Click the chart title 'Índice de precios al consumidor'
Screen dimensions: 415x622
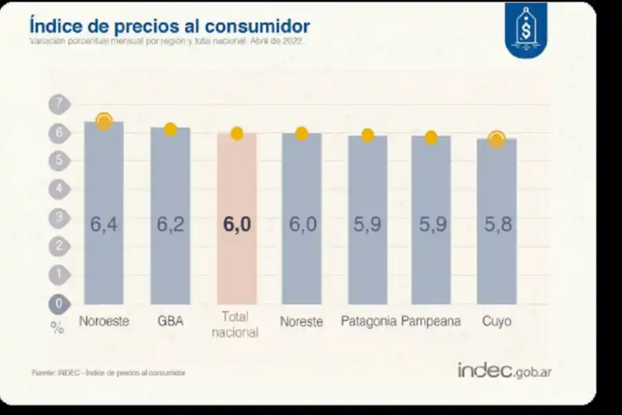pos(169,26)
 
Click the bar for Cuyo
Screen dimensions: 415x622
pos(496,221)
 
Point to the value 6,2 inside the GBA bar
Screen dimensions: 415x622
pos(170,225)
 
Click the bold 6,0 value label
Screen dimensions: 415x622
pos(236,225)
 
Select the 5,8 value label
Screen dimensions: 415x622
pos(496,225)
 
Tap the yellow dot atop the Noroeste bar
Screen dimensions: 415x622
pos(104,121)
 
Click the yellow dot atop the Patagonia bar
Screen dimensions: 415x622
pos(368,135)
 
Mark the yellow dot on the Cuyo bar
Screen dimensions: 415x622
pos(496,139)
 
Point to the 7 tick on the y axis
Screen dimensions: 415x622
pos(59,104)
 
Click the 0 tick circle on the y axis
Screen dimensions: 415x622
pos(59,303)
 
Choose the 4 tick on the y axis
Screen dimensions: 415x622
pos(59,189)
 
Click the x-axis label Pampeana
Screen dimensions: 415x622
pos(431,322)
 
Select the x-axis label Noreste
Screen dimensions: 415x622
pos(301,322)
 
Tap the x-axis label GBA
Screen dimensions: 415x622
pos(170,322)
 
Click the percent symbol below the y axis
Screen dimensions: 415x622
pos(57,329)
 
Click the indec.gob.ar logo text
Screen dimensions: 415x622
pos(504,371)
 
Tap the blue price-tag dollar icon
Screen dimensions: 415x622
pos(526,29)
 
